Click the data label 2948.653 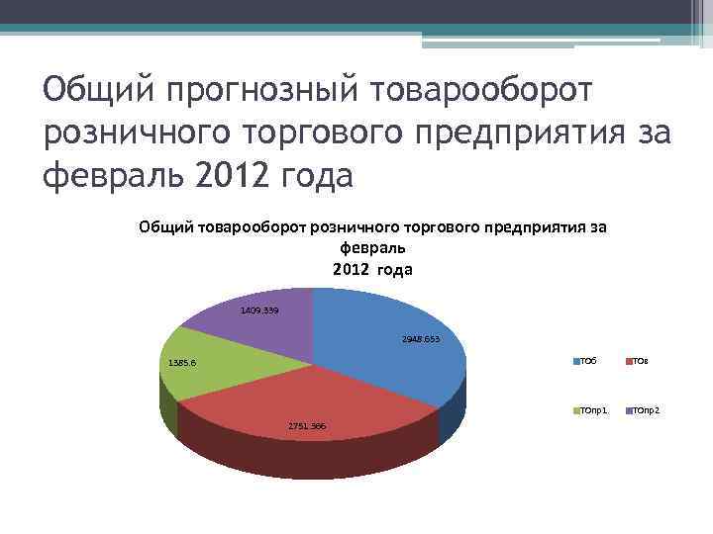click(x=421, y=339)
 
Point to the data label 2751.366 click(x=307, y=425)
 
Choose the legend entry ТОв click(x=638, y=362)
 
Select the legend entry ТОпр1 click(x=592, y=409)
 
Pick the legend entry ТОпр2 click(x=644, y=409)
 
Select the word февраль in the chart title click(x=372, y=248)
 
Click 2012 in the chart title click(x=350, y=269)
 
